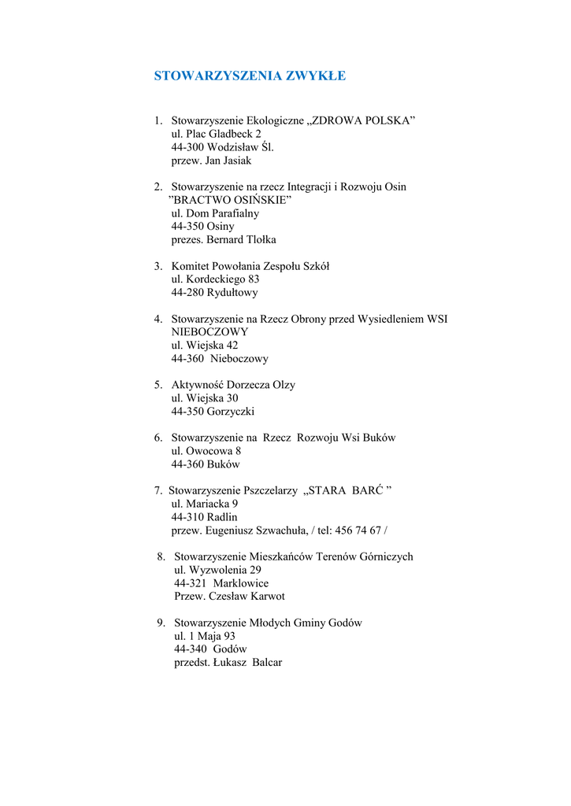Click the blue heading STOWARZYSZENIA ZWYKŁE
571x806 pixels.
250,76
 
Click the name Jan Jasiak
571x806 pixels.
228,161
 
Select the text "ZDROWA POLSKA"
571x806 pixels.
362,120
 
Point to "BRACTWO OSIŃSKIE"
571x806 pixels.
231,200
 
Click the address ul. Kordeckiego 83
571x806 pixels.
215,279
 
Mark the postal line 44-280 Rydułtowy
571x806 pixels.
214,292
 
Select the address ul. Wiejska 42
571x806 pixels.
205,345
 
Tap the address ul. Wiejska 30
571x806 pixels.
205,398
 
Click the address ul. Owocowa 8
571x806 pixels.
206,451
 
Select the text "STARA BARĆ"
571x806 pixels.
347,490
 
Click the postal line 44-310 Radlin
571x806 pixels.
204,517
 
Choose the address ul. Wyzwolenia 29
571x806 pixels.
217,570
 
